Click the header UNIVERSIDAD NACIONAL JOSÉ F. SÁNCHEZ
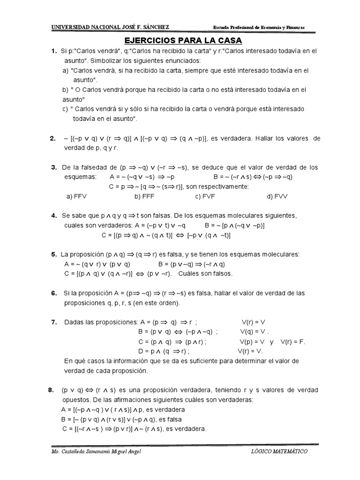click(110, 27)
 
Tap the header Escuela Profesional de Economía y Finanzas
click(259, 28)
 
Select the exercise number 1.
click(54, 51)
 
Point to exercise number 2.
click(53, 138)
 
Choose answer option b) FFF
click(145, 196)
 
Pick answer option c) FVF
click(205, 196)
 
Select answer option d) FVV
click(277, 196)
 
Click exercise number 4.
click(54, 216)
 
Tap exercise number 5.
click(54, 255)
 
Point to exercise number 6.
click(54, 293)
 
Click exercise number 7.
click(54, 322)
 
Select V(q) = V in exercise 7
click(254, 332)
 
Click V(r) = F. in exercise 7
click(293, 342)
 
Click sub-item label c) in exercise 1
click(65, 109)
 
